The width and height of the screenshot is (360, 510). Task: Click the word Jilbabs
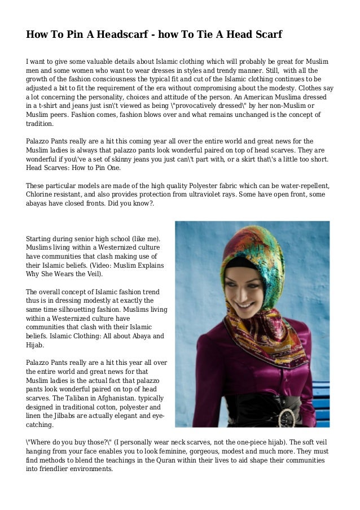[74, 416]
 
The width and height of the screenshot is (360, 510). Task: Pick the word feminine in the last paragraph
[193, 452]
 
